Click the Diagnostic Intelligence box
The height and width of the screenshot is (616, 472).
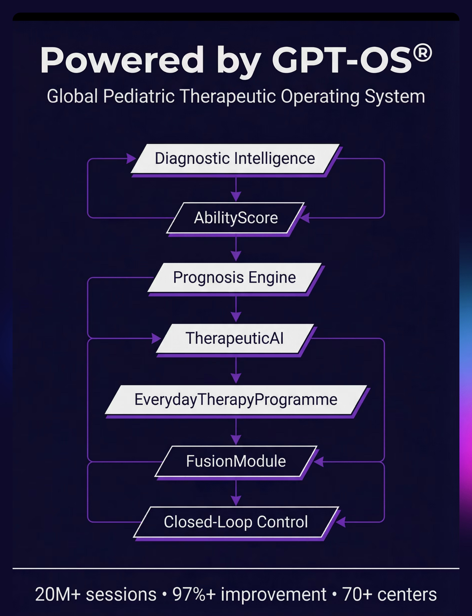click(235, 158)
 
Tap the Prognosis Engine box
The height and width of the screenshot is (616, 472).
click(234, 278)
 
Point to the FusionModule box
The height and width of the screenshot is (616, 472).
click(236, 461)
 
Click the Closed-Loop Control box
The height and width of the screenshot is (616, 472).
click(236, 522)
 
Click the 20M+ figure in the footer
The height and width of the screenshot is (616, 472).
click(58, 594)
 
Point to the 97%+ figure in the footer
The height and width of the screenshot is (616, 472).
click(194, 594)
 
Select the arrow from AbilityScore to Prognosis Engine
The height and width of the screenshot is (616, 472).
click(236, 250)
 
